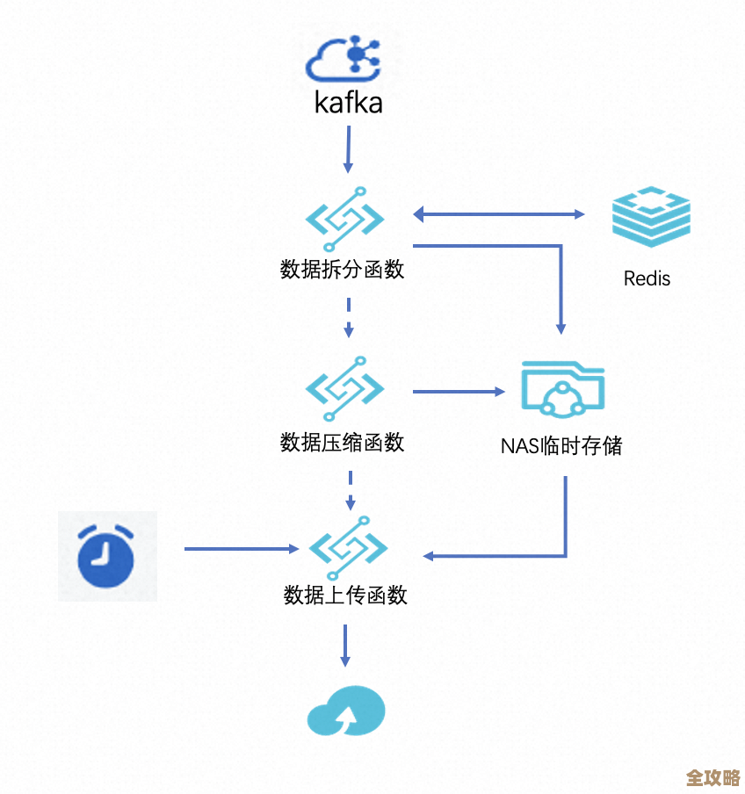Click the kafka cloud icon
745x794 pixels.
(x=348, y=59)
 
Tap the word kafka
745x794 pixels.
(x=349, y=104)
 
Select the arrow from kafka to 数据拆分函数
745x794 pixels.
(x=348, y=149)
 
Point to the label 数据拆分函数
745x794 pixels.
(x=343, y=270)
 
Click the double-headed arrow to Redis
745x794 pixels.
(x=499, y=214)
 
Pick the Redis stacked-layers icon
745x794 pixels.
(x=651, y=216)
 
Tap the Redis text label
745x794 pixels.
(x=647, y=279)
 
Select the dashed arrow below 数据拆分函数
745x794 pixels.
(x=349, y=318)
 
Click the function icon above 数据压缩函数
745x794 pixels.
(x=345, y=387)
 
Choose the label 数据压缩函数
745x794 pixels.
(x=343, y=442)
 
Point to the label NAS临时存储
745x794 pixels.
(x=561, y=446)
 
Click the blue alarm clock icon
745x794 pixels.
(x=106, y=555)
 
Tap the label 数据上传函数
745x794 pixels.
(x=345, y=595)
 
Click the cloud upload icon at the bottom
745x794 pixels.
(x=346, y=710)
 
